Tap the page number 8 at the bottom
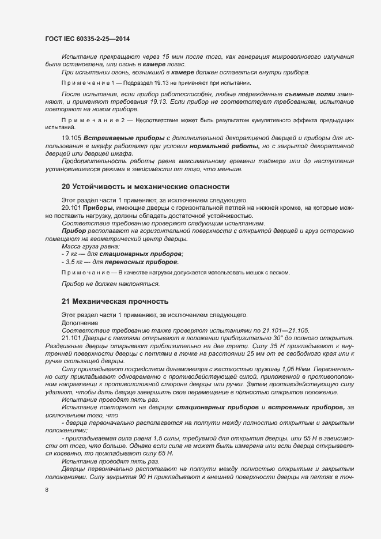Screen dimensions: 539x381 (x=47, y=490)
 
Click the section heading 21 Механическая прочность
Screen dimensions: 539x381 (x=115, y=301)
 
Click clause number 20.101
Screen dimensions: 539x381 (x=71, y=206)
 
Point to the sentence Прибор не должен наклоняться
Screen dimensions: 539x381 (x=110, y=284)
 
